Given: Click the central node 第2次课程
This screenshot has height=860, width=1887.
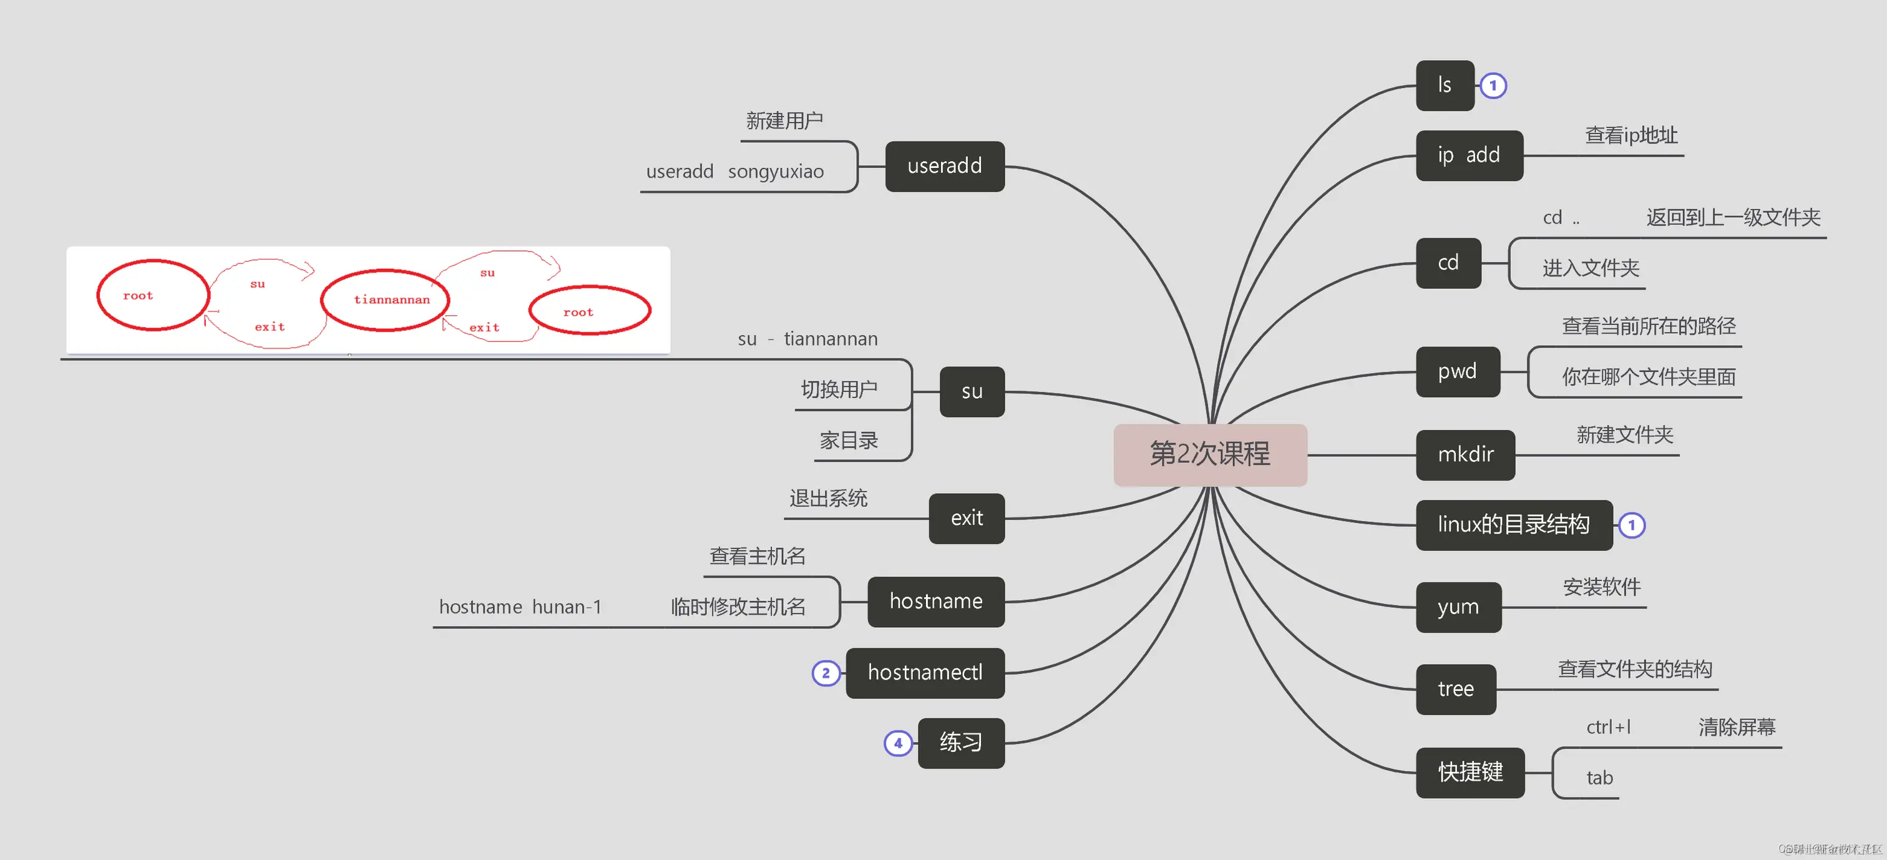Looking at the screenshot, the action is (x=1209, y=454).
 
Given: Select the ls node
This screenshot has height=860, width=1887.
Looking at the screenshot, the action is (x=1445, y=86).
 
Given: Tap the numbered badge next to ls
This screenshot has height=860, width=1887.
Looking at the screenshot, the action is (x=1493, y=86).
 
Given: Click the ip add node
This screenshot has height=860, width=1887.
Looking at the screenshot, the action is (x=1469, y=155).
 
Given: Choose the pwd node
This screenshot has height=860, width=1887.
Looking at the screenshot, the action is (x=1457, y=371).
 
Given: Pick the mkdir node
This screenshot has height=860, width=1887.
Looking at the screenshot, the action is (x=1465, y=455).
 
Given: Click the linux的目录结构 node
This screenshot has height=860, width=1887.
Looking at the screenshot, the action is (x=1513, y=524).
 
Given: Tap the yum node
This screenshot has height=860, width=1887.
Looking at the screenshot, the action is (x=1458, y=607).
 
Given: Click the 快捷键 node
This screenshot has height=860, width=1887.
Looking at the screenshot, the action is (x=1470, y=772).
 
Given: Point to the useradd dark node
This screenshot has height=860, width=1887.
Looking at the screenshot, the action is (x=944, y=166).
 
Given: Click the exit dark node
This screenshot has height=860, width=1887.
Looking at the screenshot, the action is (x=966, y=519).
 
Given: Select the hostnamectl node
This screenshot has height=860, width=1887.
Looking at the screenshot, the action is (x=924, y=673).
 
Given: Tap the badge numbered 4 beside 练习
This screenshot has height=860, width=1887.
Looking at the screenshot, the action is (x=897, y=743).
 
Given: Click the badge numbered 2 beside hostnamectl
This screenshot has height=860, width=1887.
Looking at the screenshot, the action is (x=826, y=673).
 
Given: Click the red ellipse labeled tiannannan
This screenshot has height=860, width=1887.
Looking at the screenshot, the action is (x=385, y=300).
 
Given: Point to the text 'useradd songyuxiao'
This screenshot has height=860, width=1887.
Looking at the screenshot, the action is (x=734, y=172).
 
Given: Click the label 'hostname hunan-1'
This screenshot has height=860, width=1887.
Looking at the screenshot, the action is (x=520, y=607).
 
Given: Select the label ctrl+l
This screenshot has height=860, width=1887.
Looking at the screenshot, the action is (x=1609, y=728).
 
